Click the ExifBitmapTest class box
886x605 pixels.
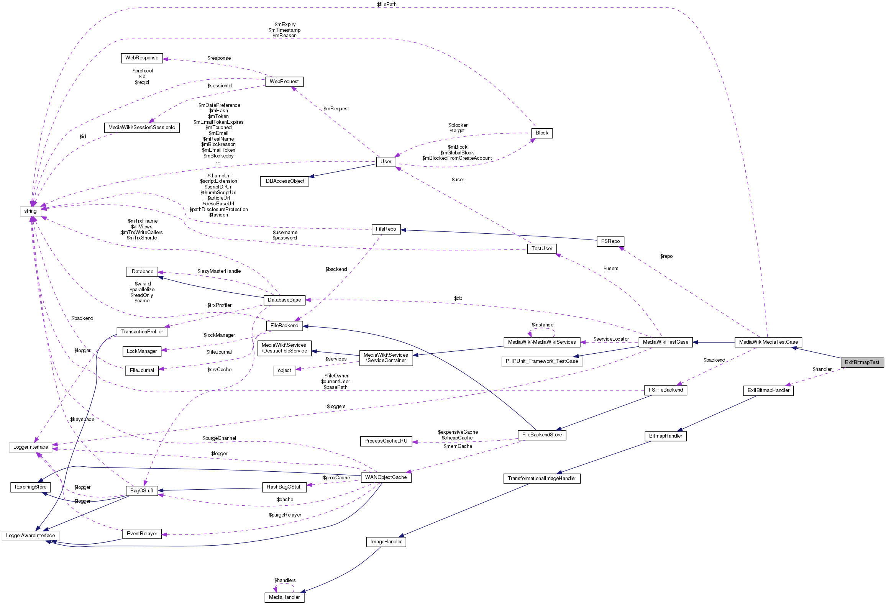click(862, 362)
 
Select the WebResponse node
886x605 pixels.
click(142, 58)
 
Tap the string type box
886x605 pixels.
click(30, 211)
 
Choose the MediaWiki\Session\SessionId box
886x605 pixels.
click(142, 128)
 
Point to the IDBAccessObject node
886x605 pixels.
click(284, 181)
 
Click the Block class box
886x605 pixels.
click(542, 133)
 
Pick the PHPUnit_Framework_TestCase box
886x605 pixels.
click(541, 361)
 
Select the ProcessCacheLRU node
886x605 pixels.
click(386, 441)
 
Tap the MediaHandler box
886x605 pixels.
click(284, 597)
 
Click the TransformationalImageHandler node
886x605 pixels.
click(542, 479)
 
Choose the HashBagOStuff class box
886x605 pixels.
click(284, 487)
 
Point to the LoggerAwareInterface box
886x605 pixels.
click(30, 536)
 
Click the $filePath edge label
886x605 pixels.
click(387, 5)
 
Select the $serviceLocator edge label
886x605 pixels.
click(611, 339)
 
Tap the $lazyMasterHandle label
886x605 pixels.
click(219, 271)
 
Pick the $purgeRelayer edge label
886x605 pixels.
click(285, 515)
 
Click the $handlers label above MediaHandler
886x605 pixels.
click(285, 580)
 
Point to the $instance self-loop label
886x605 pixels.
click(542, 325)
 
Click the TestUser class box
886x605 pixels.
click(542, 249)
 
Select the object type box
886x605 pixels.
click(284, 371)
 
